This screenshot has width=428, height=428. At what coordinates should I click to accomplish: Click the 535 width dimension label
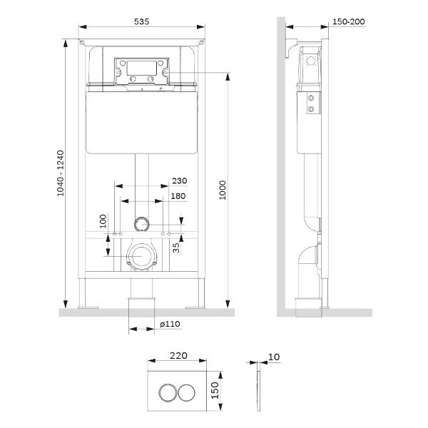pos(141,21)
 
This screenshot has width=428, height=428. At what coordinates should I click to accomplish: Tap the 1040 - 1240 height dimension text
pos(61,173)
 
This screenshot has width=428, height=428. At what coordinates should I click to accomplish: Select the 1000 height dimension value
pos(223,190)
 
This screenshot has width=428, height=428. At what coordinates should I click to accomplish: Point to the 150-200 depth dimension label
pos(349,21)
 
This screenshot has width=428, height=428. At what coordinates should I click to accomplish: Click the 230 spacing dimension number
pos(180,180)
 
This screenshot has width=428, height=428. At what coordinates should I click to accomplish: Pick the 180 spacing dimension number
pos(178,196)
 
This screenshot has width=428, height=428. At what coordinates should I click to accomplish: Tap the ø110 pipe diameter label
pos(170,324)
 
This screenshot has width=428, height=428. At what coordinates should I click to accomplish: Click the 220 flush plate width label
pos(178,356)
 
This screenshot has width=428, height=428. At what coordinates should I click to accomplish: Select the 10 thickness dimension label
pos(274,357)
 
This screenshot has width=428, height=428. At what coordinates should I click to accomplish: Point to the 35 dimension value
pos(176,248)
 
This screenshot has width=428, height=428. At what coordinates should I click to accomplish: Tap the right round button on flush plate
pos(187,393)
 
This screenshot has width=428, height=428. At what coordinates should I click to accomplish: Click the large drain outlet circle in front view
pos(141,257)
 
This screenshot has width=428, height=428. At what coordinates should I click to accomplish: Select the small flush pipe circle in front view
pos(142,224)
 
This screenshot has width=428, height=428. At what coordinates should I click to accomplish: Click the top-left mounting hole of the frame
pos(81,42)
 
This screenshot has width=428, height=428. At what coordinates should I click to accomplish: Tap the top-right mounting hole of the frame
pos(201,42)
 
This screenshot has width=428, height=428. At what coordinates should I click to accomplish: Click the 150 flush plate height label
pos(215,390)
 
